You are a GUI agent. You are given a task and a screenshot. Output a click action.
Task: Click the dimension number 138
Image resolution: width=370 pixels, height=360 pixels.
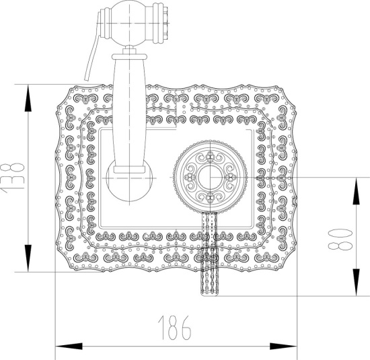click(x=12, y=177)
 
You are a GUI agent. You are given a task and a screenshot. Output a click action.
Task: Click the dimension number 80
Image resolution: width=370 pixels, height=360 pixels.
click(x=342, y=237)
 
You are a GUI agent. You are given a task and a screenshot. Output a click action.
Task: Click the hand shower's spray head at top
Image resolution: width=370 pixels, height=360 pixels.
click(x=128, y=25)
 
